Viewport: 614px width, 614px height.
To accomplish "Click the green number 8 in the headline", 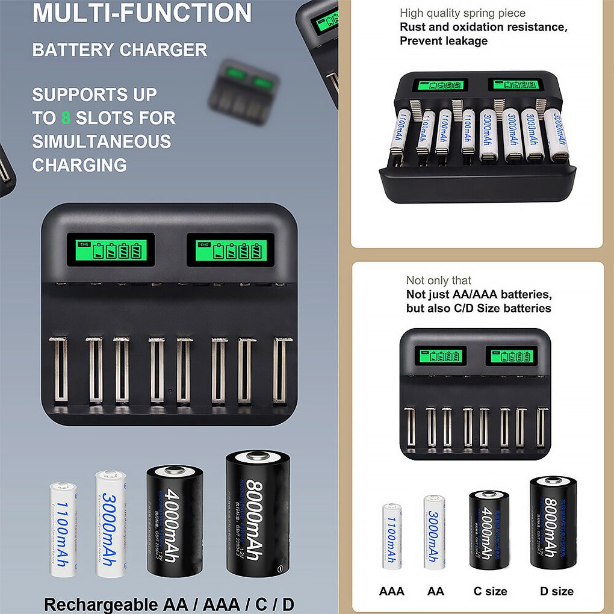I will (66, 118).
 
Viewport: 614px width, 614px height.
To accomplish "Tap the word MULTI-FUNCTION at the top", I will (142, 13).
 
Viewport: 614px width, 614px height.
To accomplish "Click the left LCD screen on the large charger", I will (111, 249).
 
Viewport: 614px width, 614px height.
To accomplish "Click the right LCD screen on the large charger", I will (231, 249).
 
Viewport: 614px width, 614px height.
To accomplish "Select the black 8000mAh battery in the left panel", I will (258, 513).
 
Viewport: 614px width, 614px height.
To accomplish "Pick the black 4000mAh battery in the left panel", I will (175, 520).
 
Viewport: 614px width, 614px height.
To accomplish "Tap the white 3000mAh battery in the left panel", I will (110, 524).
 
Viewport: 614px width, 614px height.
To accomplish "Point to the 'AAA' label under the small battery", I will (391, 591).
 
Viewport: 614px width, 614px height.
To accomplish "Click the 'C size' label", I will (490, 591).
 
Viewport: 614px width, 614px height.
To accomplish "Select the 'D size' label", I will (556, 591).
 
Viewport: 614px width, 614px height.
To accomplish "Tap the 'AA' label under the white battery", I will (435, 591).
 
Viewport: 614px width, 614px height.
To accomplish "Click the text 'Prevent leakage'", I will (444, 41).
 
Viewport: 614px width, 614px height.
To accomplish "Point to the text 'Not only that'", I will (439, 281).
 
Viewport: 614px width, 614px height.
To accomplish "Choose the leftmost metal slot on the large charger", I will (58, 370).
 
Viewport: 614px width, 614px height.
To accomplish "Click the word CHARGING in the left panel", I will (79, 165).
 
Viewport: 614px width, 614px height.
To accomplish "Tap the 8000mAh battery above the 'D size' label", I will (553, 521).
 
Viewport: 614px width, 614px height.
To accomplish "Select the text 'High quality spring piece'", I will (462, 13).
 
